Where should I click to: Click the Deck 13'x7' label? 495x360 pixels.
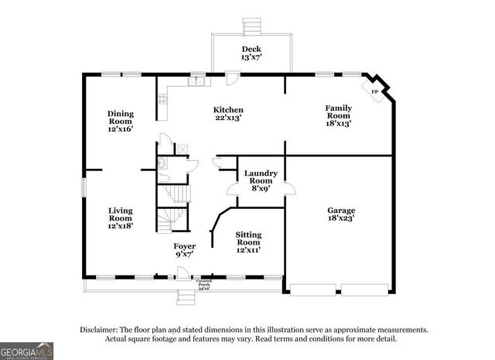251,52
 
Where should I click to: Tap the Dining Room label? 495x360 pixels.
120,121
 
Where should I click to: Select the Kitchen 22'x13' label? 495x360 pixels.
228,115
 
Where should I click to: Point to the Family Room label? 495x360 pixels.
338,112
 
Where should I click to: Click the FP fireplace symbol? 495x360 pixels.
376,91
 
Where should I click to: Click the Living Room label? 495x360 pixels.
120,219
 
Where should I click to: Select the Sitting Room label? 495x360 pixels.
248,242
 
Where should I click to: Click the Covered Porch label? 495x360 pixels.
204,284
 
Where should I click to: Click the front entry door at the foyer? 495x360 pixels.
183,273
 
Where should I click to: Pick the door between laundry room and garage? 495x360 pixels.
288,188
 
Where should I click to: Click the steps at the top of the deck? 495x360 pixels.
252,25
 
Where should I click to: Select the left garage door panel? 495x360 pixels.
312,290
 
